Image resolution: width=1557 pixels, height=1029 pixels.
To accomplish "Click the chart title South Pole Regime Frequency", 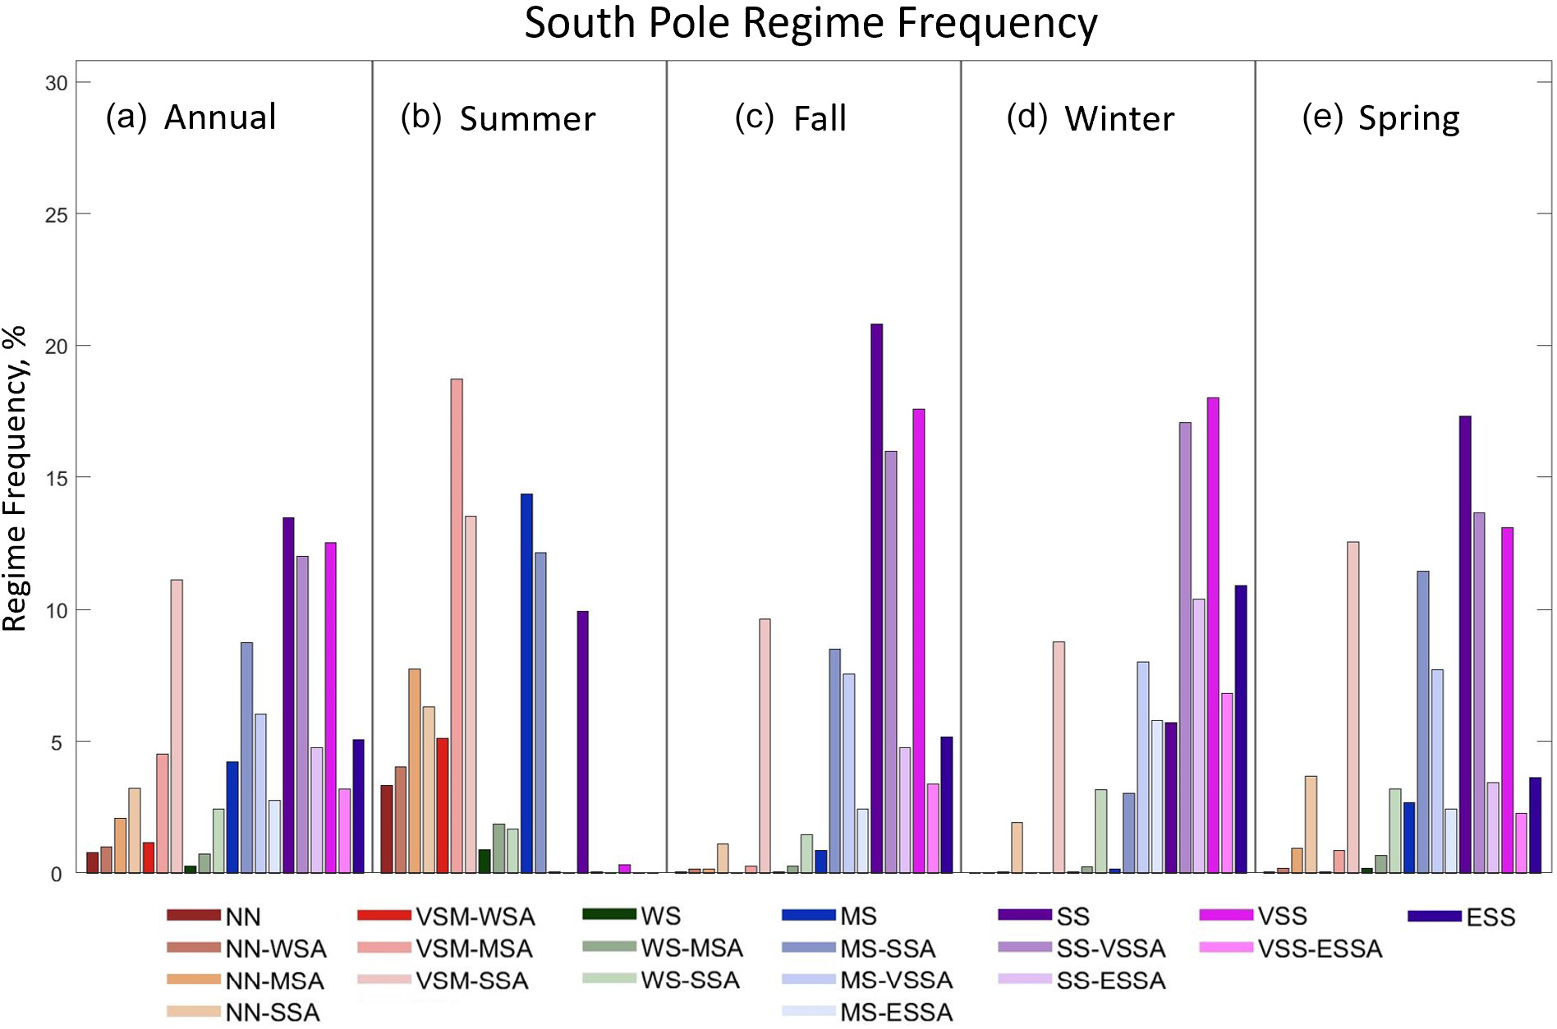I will click(811, 24).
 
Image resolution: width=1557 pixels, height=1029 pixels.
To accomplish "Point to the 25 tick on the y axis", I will click(56, 214).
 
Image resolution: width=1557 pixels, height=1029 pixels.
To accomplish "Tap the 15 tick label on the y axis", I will click(56, 478).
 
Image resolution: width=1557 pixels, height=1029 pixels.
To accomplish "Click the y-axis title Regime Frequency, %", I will click(16, 478).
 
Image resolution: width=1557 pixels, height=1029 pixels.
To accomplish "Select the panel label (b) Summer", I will click(498, 118).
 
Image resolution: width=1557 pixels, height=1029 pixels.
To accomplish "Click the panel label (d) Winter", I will click(1091, 118).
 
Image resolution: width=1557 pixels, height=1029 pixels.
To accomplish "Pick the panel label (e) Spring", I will click(1380, 118).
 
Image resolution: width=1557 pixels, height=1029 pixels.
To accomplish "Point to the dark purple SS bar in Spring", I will click(1465, 645).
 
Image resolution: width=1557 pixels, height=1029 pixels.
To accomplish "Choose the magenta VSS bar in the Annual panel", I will click(330, 707).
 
